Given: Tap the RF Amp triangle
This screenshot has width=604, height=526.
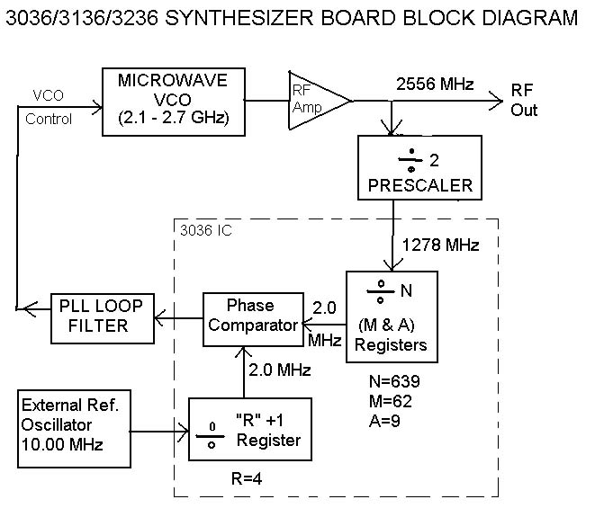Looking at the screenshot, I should (315, 99).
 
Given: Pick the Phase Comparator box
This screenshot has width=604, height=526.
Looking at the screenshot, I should (250, 315).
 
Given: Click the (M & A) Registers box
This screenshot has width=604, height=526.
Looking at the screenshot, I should (392, 316).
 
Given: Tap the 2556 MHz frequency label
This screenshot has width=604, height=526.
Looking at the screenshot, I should (434, 85).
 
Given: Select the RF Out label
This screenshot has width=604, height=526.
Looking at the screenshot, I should (524, 101).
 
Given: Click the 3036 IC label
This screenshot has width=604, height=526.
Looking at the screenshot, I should (205, 231).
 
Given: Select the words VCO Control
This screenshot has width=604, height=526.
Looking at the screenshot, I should (50, 106).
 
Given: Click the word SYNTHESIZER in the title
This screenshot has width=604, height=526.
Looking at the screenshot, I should (244, 18).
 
